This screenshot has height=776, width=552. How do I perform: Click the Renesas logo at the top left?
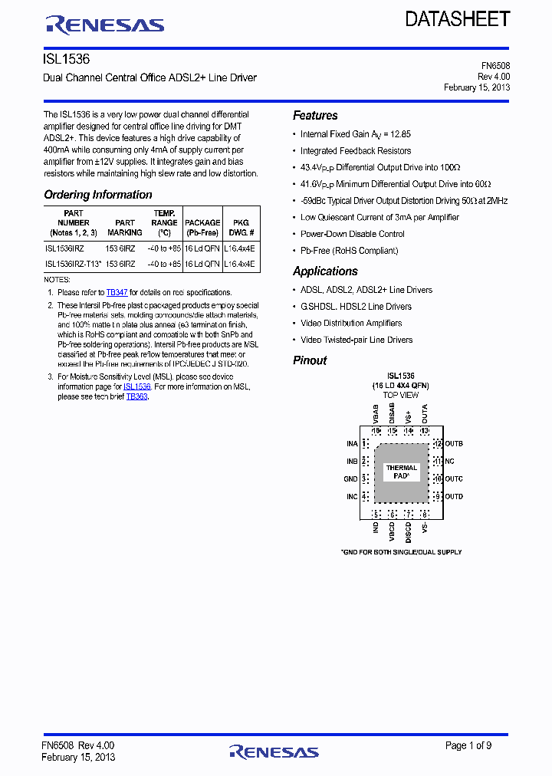[105, 25]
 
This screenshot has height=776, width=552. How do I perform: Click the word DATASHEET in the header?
[458, 19]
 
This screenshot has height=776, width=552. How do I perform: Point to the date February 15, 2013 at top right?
[477, 87]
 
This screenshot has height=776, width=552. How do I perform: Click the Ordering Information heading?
[98, 195]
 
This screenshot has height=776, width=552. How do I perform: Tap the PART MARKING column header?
[125, 228]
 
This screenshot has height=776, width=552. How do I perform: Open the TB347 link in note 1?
[117, 292]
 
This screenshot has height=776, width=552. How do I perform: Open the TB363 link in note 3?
[136, 396]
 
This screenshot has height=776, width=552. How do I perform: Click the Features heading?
[315, 116]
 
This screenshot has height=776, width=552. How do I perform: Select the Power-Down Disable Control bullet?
[352, 234]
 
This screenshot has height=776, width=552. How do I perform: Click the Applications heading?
[325, 271]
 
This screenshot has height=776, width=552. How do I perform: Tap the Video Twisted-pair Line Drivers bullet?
[356, 340]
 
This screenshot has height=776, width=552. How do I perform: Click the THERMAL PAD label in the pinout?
[402, 472]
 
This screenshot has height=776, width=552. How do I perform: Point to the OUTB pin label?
[454, 444]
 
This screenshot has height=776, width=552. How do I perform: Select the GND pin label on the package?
[350, 479]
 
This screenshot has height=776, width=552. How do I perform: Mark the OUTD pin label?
[454, 497]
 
